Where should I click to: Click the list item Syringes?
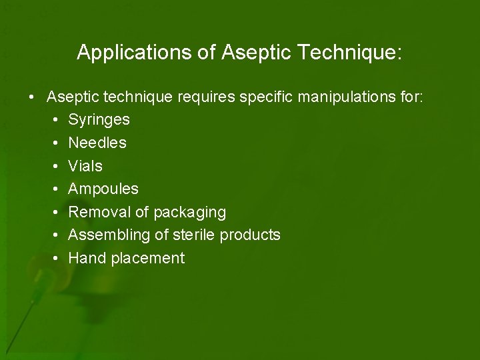pos(99,121)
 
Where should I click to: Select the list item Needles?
pos(97,143)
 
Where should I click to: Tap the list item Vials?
pos(85,166)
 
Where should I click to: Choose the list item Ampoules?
pos(103,189)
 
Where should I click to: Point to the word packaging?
pos(190,213)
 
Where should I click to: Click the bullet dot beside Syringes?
pos(54,121)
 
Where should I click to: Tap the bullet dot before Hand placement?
pos(54,258)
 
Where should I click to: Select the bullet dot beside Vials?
pos(54,166)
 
